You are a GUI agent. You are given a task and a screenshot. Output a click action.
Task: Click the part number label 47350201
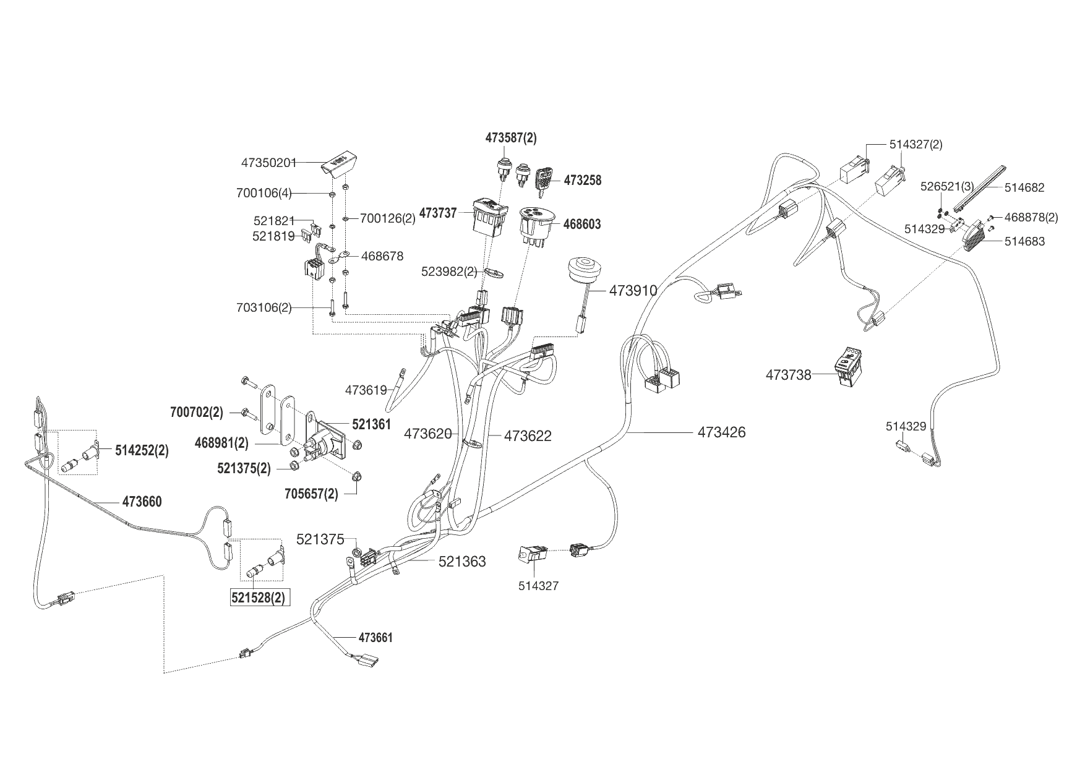268,163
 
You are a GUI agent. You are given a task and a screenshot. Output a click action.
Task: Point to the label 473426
721,432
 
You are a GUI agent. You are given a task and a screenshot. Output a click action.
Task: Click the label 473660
142,502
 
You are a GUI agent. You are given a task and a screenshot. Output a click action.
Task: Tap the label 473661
375,638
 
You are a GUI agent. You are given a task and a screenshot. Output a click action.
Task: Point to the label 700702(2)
197,412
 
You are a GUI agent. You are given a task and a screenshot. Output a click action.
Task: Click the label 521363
462,562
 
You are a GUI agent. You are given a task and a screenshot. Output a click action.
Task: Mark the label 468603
581,224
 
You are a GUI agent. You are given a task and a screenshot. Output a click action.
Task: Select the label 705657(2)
311,494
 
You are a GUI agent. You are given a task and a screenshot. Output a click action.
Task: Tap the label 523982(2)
449,271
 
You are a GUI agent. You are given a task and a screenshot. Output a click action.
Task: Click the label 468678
382,256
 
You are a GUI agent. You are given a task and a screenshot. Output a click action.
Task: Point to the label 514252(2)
142,450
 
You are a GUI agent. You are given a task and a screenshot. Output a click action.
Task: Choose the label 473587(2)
511,138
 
